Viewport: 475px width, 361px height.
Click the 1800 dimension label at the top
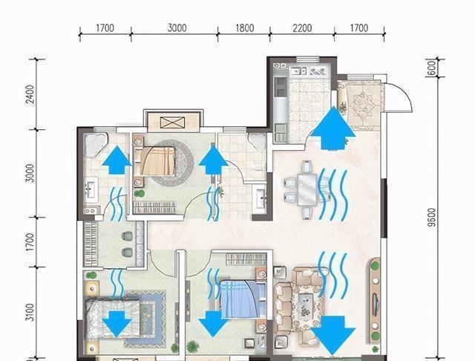click(245, 28)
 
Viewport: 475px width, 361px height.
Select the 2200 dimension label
click(302, 28)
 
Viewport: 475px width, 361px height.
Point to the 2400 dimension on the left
click(30, 94)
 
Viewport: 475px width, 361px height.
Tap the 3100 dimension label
click(30, 312)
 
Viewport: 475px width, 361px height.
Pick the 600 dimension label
click(432, 68)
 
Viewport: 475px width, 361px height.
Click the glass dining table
click(307, 189)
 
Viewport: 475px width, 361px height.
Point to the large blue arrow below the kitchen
click(333, 128)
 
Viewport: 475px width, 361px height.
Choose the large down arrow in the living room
click(332, 335)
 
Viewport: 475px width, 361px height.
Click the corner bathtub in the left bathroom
click(96, 143)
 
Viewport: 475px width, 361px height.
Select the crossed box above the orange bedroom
click(172, 123)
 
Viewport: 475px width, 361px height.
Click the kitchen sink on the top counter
click(298, 71)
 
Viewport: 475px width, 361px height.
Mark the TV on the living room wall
click(376, 303)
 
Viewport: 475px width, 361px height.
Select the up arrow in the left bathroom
click(117, 160)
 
